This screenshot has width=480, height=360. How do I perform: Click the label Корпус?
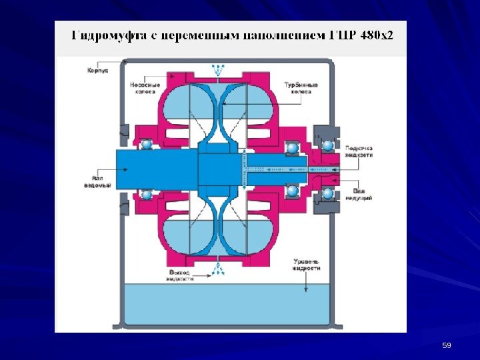click(97, 69)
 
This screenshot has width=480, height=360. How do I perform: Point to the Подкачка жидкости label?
click(359, 151)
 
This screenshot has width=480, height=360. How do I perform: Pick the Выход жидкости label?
click(180, 276)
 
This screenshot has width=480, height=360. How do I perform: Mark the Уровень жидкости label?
click(306, 264)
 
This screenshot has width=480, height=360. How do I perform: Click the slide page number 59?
click(447, 345)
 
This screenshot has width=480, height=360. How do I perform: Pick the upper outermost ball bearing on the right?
click(327, 145)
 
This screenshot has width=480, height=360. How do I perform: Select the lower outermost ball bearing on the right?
click(327, 193)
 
